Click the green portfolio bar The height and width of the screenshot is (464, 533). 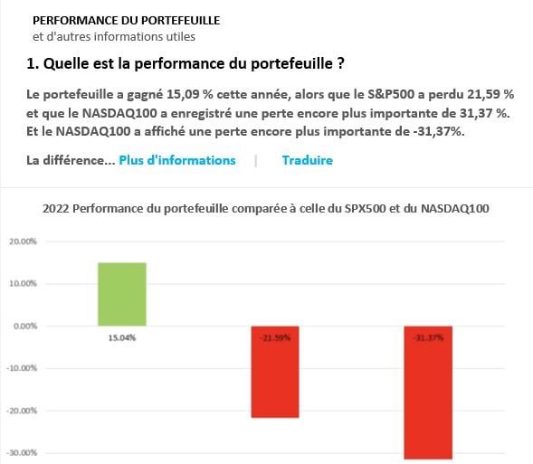coord(121,293)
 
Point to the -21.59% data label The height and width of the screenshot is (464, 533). coord(274,337)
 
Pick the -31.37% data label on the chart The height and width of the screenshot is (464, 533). coord(427,337)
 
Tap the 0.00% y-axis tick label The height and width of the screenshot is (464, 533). coord(22,326)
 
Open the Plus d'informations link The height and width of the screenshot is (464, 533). coord(176,160)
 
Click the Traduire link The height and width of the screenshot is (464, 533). coord(307,160)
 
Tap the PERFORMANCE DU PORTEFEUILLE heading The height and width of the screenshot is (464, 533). coord(126,20)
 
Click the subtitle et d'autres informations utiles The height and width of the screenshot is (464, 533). coord(113,37)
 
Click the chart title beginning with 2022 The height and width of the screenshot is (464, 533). coord(266,209)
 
